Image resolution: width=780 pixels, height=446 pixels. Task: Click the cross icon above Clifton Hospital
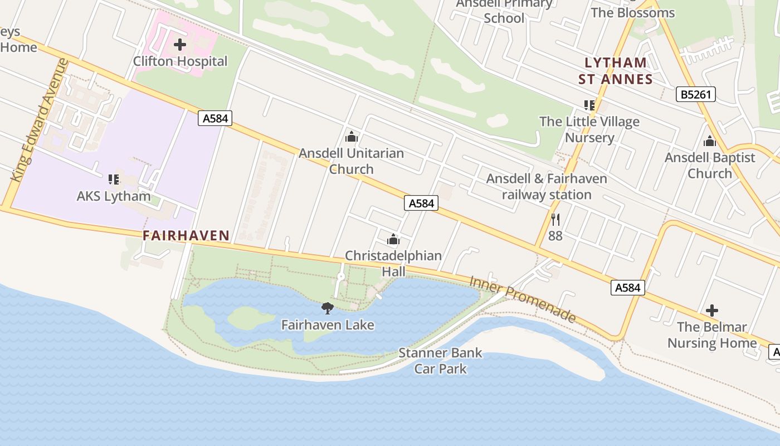[180, 45]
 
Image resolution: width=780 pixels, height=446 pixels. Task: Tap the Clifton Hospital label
[180, 61]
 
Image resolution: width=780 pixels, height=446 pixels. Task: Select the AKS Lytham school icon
[114, 180]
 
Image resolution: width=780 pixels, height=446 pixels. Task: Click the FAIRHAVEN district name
[186, 236]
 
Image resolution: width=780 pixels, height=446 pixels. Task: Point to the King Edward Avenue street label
[40, 120]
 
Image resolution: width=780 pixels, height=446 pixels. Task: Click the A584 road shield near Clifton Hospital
[214, 118]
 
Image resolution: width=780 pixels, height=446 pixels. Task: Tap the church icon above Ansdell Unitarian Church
[352, 137]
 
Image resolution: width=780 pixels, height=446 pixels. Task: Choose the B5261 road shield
[696, 94]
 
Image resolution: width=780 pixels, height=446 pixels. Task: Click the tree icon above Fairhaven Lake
[328, 308]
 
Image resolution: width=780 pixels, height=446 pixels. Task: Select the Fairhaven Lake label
[328, 324]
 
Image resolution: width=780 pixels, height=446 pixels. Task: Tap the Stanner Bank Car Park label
[440, 361]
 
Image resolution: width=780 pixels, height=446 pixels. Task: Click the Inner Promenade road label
[522, 298]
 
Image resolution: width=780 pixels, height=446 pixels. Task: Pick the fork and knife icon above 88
[555, 219]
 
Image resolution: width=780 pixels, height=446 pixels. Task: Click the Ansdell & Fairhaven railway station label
[546, 187]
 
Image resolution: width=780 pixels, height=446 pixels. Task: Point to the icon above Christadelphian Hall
[393, 240]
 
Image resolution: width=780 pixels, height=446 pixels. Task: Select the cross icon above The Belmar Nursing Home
[711, 311]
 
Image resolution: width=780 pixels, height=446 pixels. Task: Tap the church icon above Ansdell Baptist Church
[709, 141]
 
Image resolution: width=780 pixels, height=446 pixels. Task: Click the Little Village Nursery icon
[589, 105]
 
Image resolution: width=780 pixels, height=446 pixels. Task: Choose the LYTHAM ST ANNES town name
[615, 71]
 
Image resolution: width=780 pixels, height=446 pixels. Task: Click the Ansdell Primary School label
[504, 11]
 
